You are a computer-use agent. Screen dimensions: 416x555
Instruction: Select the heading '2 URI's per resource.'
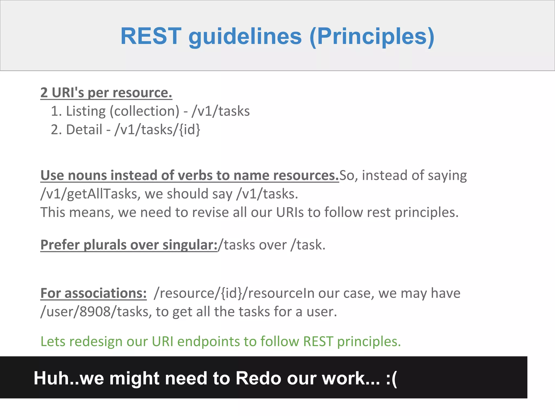(x=106, y=93)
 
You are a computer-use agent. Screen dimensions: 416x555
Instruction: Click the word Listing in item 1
(x=86, y=111)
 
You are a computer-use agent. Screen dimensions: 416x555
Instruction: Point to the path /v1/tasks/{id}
(x=157, y=130)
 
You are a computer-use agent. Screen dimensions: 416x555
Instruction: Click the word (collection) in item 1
(x=144, y=111)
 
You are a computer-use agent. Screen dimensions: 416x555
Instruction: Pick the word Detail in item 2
(x=84, y=130)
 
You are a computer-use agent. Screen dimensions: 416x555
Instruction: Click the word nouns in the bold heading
(x=87, y=175)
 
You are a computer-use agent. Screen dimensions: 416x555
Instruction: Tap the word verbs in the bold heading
(x=193, y=175)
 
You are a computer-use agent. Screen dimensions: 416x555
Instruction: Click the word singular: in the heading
(x=190, y=245)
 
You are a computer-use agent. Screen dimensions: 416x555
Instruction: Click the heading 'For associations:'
(x=93, y=293)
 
